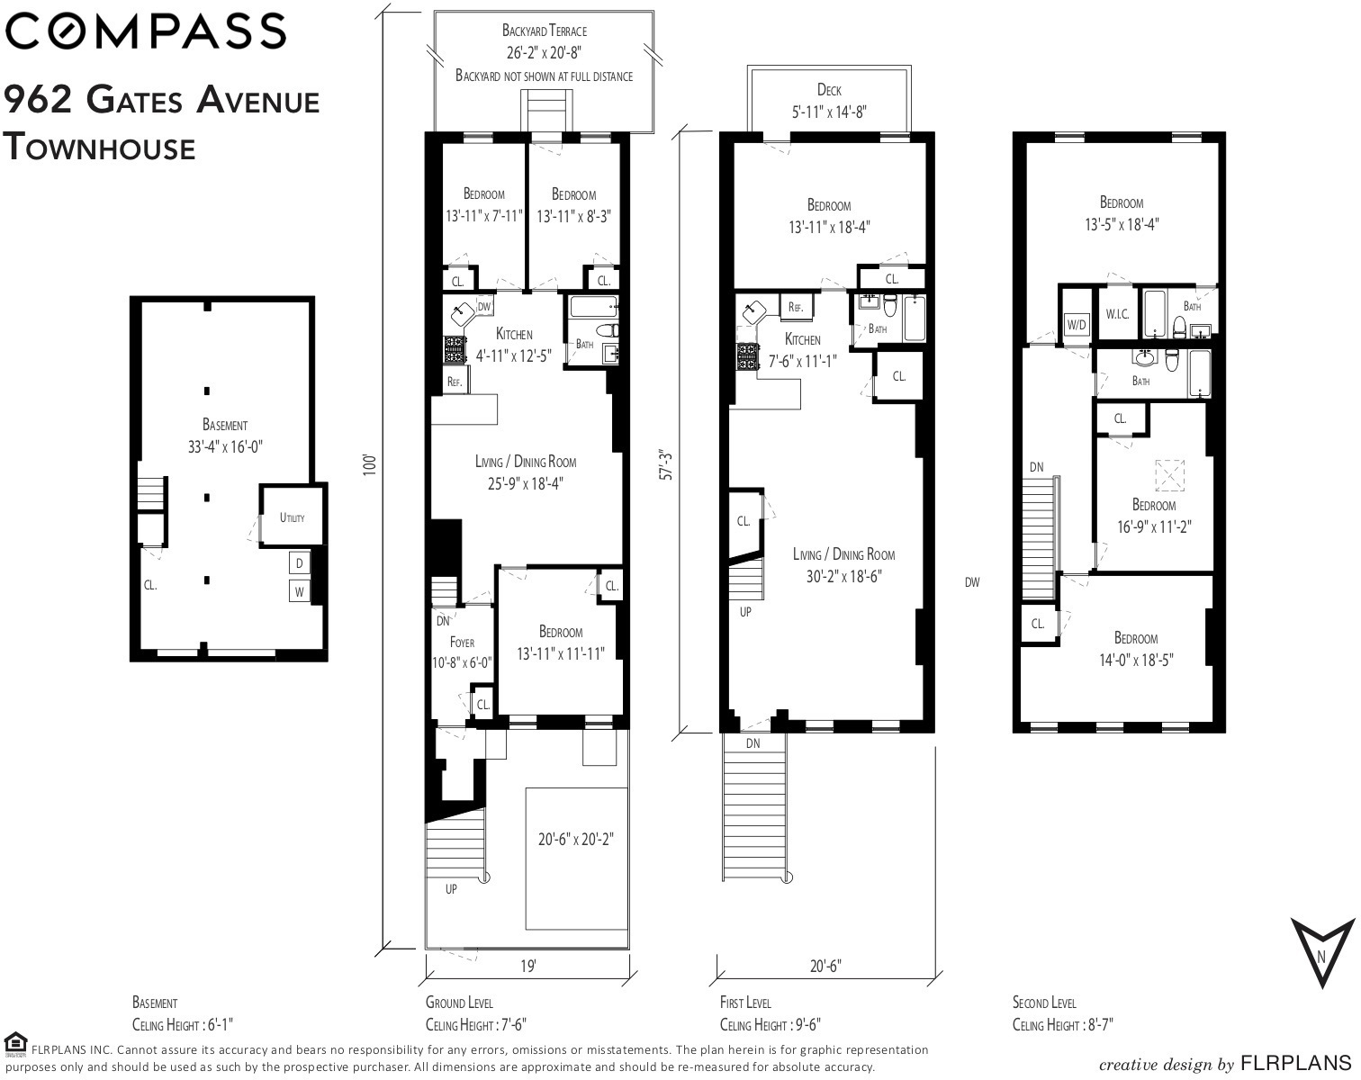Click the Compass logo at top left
[x=146, y=31]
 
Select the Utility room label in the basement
[x=293, y=517]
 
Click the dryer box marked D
[x=299, y=562]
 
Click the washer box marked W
[x=299, y=591]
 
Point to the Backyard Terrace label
[x=544, y=31]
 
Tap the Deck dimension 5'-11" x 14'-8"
[x=829, y=112]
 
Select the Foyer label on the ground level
[x=462, y=643]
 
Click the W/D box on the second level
[x=1077, y=325]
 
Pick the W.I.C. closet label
[x=1117, y=313]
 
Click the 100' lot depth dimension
[x=369, y=464]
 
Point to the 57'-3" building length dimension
[x=665, y=464]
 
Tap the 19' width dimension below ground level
[x=528, y=967]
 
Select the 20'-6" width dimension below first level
[x=826, y=967]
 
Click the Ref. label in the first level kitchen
[x=796, y=307]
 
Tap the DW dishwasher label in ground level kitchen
[x=483, y=307]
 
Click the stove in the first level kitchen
[x=747, y=357]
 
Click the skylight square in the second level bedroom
[x=1169, y=475]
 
